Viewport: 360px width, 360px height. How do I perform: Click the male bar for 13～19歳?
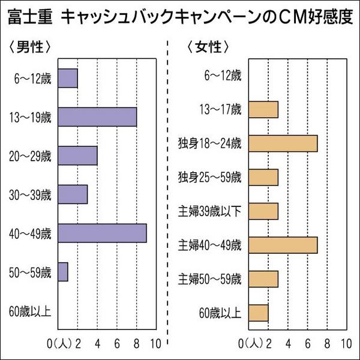click(97, 116)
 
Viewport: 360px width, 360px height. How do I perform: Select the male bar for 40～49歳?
click(102, 233)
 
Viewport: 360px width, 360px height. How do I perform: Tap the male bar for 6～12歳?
click(68, 78)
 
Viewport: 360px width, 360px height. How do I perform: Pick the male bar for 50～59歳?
click(63, 272)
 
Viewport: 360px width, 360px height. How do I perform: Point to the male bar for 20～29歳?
click(77, 155)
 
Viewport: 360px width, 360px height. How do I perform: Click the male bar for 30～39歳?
click(73, 194)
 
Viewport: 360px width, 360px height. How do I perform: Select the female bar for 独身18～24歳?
click(283, 143)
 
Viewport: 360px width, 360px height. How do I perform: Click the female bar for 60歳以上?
click(258, 313)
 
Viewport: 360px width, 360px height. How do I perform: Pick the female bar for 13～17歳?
click(263, 110)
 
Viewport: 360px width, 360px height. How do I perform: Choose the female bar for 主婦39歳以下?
click(263, 211)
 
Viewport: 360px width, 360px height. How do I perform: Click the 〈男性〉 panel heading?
click(30, 46)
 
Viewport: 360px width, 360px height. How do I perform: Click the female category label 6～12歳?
click(223, 76)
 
